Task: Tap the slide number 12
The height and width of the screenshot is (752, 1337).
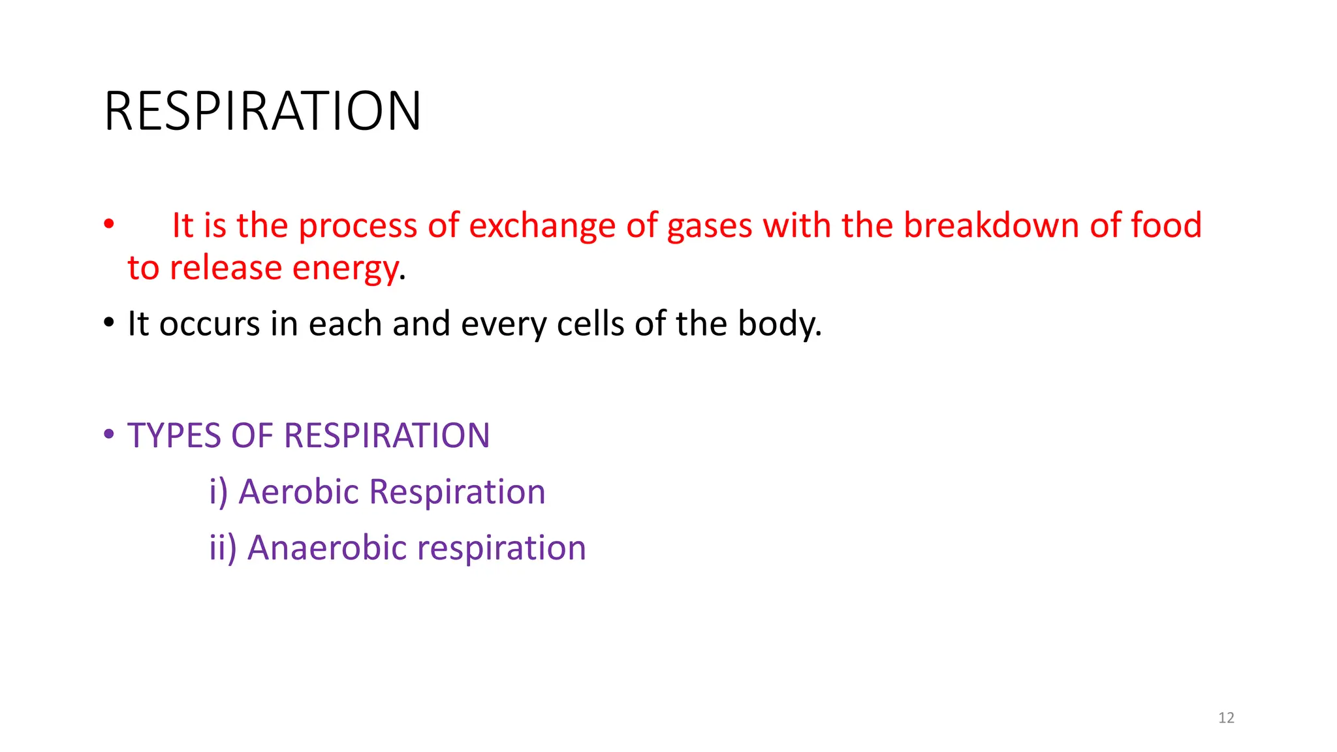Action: pyautogui.click(x=1226, y=718)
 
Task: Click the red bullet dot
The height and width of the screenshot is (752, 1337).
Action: pyautogui.click(x=109, y=225)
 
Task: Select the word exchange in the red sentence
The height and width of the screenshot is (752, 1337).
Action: pyautogui.click(x=542, y=226)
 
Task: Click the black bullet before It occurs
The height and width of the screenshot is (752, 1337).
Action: pyautogui.click(x=109, y=322)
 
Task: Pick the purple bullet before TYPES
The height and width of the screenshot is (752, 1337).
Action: pyautogui.click(x=109, y=434)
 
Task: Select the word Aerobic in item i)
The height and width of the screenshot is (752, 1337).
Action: pyautogui.click(x=298, y=492)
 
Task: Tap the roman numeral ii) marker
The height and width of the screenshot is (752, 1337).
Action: pyautogui.click(x=223, y=548)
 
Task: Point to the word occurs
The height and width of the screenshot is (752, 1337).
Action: pyautogui.click(x=210, y=324)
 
